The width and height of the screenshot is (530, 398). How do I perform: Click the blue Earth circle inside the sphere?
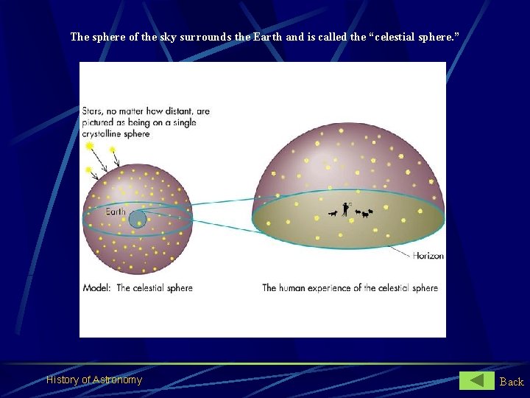(x=138, y=219)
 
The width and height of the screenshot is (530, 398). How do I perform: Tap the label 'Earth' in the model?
(x=116, y=212)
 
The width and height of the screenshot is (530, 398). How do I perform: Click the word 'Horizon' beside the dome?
(x=428, y=256)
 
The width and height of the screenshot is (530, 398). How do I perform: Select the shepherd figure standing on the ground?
(x=344, y=209)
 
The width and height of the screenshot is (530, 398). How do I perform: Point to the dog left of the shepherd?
(x=333, y=214)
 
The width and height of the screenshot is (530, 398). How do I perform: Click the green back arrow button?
(x=477, y=380)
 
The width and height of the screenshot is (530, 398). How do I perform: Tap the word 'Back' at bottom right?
(x=512, y=381)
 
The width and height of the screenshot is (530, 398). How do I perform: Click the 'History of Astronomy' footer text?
(x=94, y=380)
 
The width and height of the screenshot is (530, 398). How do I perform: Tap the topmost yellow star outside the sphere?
(x=90, y=146)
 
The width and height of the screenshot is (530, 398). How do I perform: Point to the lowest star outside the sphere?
(x=89, y=170)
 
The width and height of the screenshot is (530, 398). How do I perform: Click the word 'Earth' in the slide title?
(x=267, y=36)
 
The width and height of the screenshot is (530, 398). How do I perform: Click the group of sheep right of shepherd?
(x=364, y=214)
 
